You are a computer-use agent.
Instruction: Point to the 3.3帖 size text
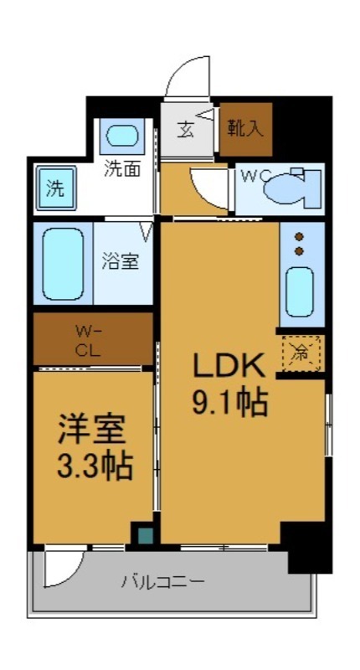pyautogui.click(x=92, y=466)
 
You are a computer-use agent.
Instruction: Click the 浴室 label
pyautogui.click(x=121, y=260)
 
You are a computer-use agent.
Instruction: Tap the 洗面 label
pyautogui.click(x=122, y=167)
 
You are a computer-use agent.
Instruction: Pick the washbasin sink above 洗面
pyautogui.click(x=123, y=135)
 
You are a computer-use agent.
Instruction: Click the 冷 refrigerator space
pyautogui.click(x=299, y=353)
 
